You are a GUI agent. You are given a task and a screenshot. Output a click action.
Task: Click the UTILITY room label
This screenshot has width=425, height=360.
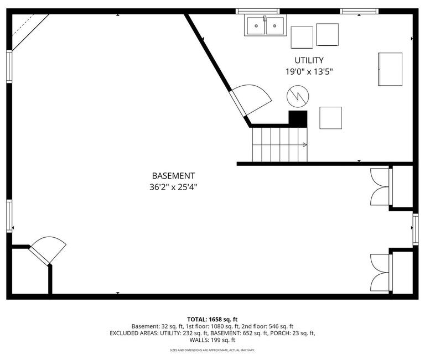[309, 60]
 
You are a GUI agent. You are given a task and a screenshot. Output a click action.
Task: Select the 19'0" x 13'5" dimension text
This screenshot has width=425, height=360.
[309, 71]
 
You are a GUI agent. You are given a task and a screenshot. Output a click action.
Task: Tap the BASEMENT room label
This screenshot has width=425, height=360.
[173, 176]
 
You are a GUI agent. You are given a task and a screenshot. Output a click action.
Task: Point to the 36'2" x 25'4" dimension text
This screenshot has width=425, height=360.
[173, 187]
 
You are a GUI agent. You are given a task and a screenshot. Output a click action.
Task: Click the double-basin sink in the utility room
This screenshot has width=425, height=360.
[265, 25]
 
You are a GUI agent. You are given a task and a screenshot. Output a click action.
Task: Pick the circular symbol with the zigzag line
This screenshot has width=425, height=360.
[297, 97]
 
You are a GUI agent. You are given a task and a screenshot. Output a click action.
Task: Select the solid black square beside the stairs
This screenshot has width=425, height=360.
[298, 118]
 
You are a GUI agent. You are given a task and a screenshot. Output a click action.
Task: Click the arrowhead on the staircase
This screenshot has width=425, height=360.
[304, 145]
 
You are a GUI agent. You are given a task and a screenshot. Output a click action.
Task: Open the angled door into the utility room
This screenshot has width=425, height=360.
[252, 98]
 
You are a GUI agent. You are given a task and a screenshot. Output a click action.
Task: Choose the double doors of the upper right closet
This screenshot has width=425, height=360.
[381, 187]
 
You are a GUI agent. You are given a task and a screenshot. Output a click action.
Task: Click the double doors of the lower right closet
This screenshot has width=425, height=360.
[381, 273]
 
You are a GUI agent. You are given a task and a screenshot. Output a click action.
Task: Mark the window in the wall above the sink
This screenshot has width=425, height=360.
[257, 11]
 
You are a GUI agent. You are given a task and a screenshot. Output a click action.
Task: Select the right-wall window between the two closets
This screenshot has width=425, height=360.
[416, 229]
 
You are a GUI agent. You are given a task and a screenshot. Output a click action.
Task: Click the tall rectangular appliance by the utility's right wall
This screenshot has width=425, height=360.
[390, 69]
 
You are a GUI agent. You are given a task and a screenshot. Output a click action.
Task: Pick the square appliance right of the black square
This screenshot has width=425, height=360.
[330, 118]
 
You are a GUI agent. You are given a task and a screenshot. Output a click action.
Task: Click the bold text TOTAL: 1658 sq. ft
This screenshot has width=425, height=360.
[212, 319]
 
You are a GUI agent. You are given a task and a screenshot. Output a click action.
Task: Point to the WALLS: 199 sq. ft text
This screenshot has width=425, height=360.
[212, 341]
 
